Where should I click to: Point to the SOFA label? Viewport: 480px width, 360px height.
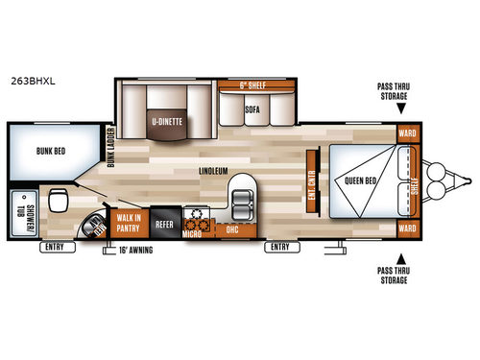point(252,109)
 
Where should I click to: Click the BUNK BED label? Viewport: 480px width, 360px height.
point(37,149)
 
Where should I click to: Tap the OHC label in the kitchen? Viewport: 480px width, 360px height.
point(230,230)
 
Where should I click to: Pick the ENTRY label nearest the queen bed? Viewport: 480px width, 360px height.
point(278,247)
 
